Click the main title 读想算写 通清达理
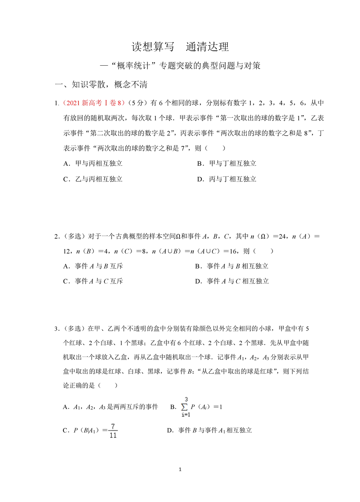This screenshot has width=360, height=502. coord(180,47)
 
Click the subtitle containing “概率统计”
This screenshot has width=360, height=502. coord(180,66)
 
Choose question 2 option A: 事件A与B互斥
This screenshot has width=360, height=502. coord(93,266)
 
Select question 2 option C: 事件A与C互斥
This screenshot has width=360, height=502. coord(93,281)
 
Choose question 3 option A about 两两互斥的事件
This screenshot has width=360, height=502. coord(111,407)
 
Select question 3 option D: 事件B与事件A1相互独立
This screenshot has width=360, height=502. coord(209,430)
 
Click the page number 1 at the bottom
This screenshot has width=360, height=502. coord(180,469)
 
